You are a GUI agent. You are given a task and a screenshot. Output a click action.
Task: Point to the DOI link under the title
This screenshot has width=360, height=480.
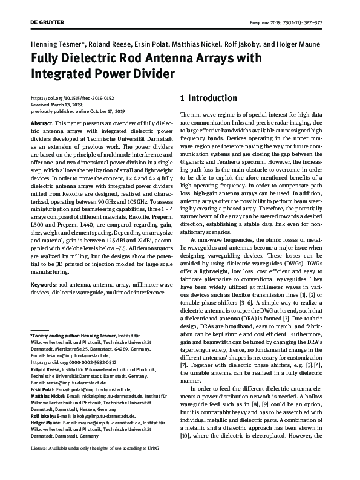pyautogui.click(x=71, y=98)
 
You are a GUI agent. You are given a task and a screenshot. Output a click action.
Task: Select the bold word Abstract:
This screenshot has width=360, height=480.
pyautogui.click(x=42, y=122)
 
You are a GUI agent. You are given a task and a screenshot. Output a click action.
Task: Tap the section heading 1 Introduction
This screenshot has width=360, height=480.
pyautogui.click(x=209, y=98)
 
